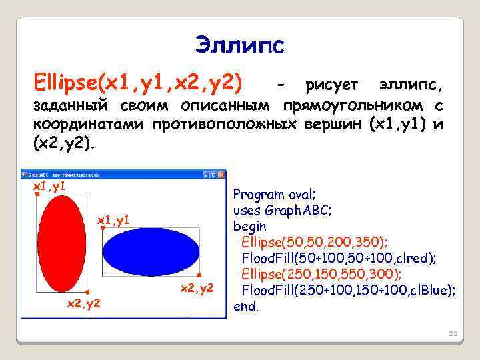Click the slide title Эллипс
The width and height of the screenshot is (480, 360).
pyautogui.click(x=239, y=45)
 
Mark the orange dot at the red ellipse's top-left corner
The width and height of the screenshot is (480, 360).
pyautogui.click(x=37, y=195)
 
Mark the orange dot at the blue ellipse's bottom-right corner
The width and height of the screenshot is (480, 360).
pyautogui.click(x=199, y=275)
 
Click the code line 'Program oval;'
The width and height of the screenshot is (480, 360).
pyautogui.click(x=273, y=195)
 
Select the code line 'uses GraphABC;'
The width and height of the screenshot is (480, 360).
pyautogui.click(x=282, y=211)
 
